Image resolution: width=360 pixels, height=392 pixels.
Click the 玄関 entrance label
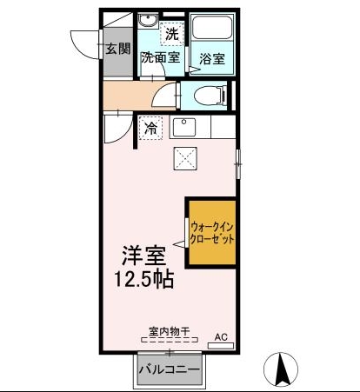[118, 49]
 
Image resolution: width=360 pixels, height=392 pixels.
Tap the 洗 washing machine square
[172, 33]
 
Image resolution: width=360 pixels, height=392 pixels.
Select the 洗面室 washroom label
[161, 57]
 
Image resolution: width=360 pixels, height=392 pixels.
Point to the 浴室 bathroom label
[212, 59]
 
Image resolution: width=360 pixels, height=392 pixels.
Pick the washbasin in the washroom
[148, 21]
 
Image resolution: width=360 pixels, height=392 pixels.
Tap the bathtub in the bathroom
[212, 27]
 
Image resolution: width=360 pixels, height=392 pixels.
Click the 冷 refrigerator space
[150, 128]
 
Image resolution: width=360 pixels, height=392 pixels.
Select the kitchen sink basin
[184, 127]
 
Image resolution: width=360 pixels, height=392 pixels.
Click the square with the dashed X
[185, 158]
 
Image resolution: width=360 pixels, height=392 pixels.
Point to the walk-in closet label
[211, 233]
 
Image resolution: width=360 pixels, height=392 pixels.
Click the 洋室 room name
[144, 256]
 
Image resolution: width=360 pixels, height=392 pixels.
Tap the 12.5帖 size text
[144, 279]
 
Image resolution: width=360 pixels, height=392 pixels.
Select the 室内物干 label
[170, 331]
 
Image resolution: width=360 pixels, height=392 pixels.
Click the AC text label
[221, 337]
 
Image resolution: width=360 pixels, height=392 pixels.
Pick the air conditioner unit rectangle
[221, 346]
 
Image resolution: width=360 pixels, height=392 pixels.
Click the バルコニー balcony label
[170, 369]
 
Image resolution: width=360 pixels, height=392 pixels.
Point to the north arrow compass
[281, 369]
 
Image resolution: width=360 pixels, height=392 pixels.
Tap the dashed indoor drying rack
[170, 340]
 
